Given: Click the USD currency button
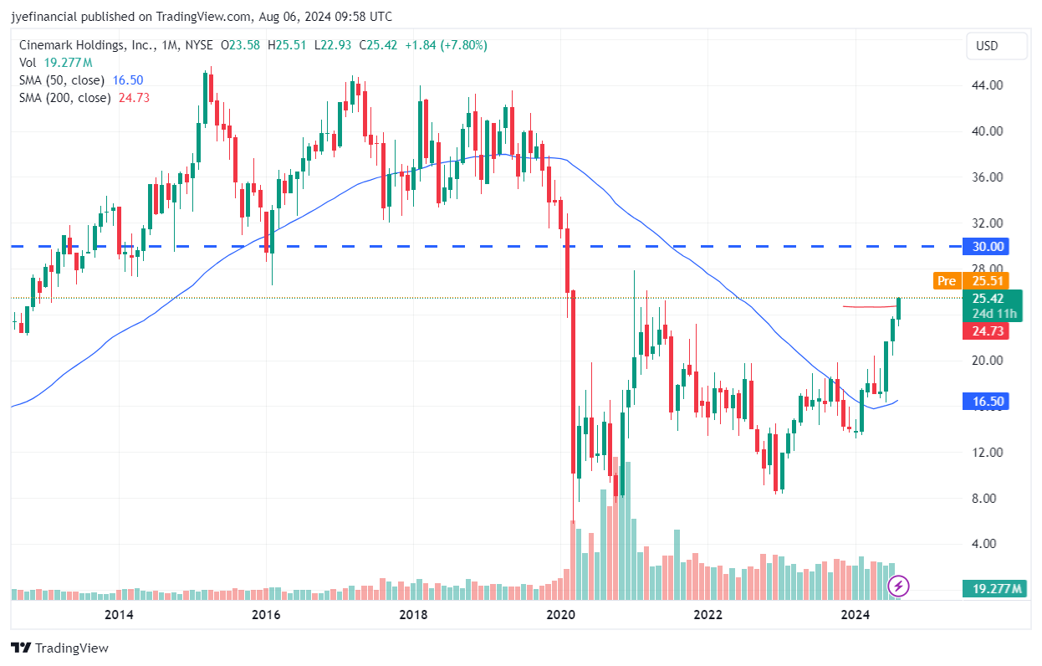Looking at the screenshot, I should pyautogui.click(x=995, y=46).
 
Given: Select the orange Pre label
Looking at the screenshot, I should pyautogui.click(x=947, y=281).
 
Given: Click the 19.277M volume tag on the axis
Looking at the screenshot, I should pyautogui.click(x=993, y=588).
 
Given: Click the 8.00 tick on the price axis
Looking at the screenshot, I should pyautogui.click(x=983, y=499).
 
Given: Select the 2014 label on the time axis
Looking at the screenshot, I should pyautogui.click(x=119, y=615).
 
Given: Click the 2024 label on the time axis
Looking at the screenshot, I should pyautogui.click(x=856, y=615).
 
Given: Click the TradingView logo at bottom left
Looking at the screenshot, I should pyautogui.click(x=60, y=648).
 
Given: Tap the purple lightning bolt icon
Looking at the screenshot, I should pyautogui.click(x=899, y=586).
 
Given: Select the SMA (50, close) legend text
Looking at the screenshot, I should pyautogui.click(x=62, y=80).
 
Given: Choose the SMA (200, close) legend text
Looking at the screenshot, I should pyautogui.click(x=65, y=98).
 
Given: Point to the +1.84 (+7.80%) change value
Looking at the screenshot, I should pyautogui.click(x=446, y=45).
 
